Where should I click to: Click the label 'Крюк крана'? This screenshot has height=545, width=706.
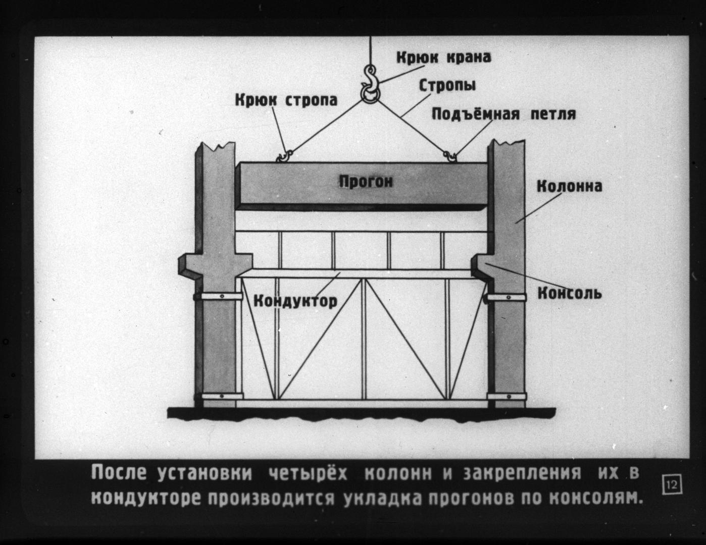tap(443, 58)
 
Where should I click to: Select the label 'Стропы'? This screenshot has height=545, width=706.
tap(447, 86)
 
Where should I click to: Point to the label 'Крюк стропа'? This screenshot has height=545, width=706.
tap(286, 100)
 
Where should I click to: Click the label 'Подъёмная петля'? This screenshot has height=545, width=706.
tap(503, 114)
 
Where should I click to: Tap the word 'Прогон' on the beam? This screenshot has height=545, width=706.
tap(366, 182)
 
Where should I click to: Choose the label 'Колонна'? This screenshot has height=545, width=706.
tap(569, 186)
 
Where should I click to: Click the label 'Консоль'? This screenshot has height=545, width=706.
tap(570, 293)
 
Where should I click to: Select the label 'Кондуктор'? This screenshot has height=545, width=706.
tap(295, 301)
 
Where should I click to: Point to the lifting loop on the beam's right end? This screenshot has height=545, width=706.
tap(451, 156)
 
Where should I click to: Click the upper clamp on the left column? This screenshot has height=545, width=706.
tap(218, 296)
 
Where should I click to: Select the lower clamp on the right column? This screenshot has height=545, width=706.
tap(507, 396)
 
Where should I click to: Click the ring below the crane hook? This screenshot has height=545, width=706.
tap(370, 95)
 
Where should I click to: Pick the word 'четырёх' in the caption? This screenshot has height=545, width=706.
tap(308, 473)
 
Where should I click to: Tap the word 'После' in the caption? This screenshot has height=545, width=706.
tap(119, 473)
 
